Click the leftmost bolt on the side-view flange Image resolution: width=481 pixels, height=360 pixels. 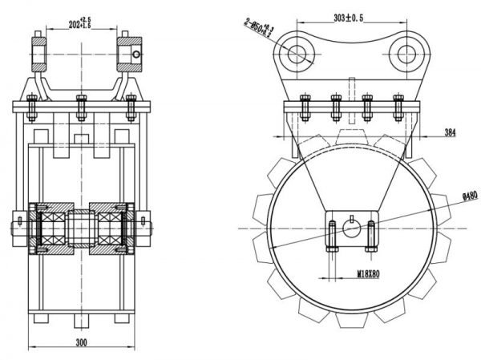coord(304,107)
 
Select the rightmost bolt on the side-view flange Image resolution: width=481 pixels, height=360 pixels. coord(398,107)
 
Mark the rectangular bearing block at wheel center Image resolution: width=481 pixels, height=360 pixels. coord(351,231)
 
